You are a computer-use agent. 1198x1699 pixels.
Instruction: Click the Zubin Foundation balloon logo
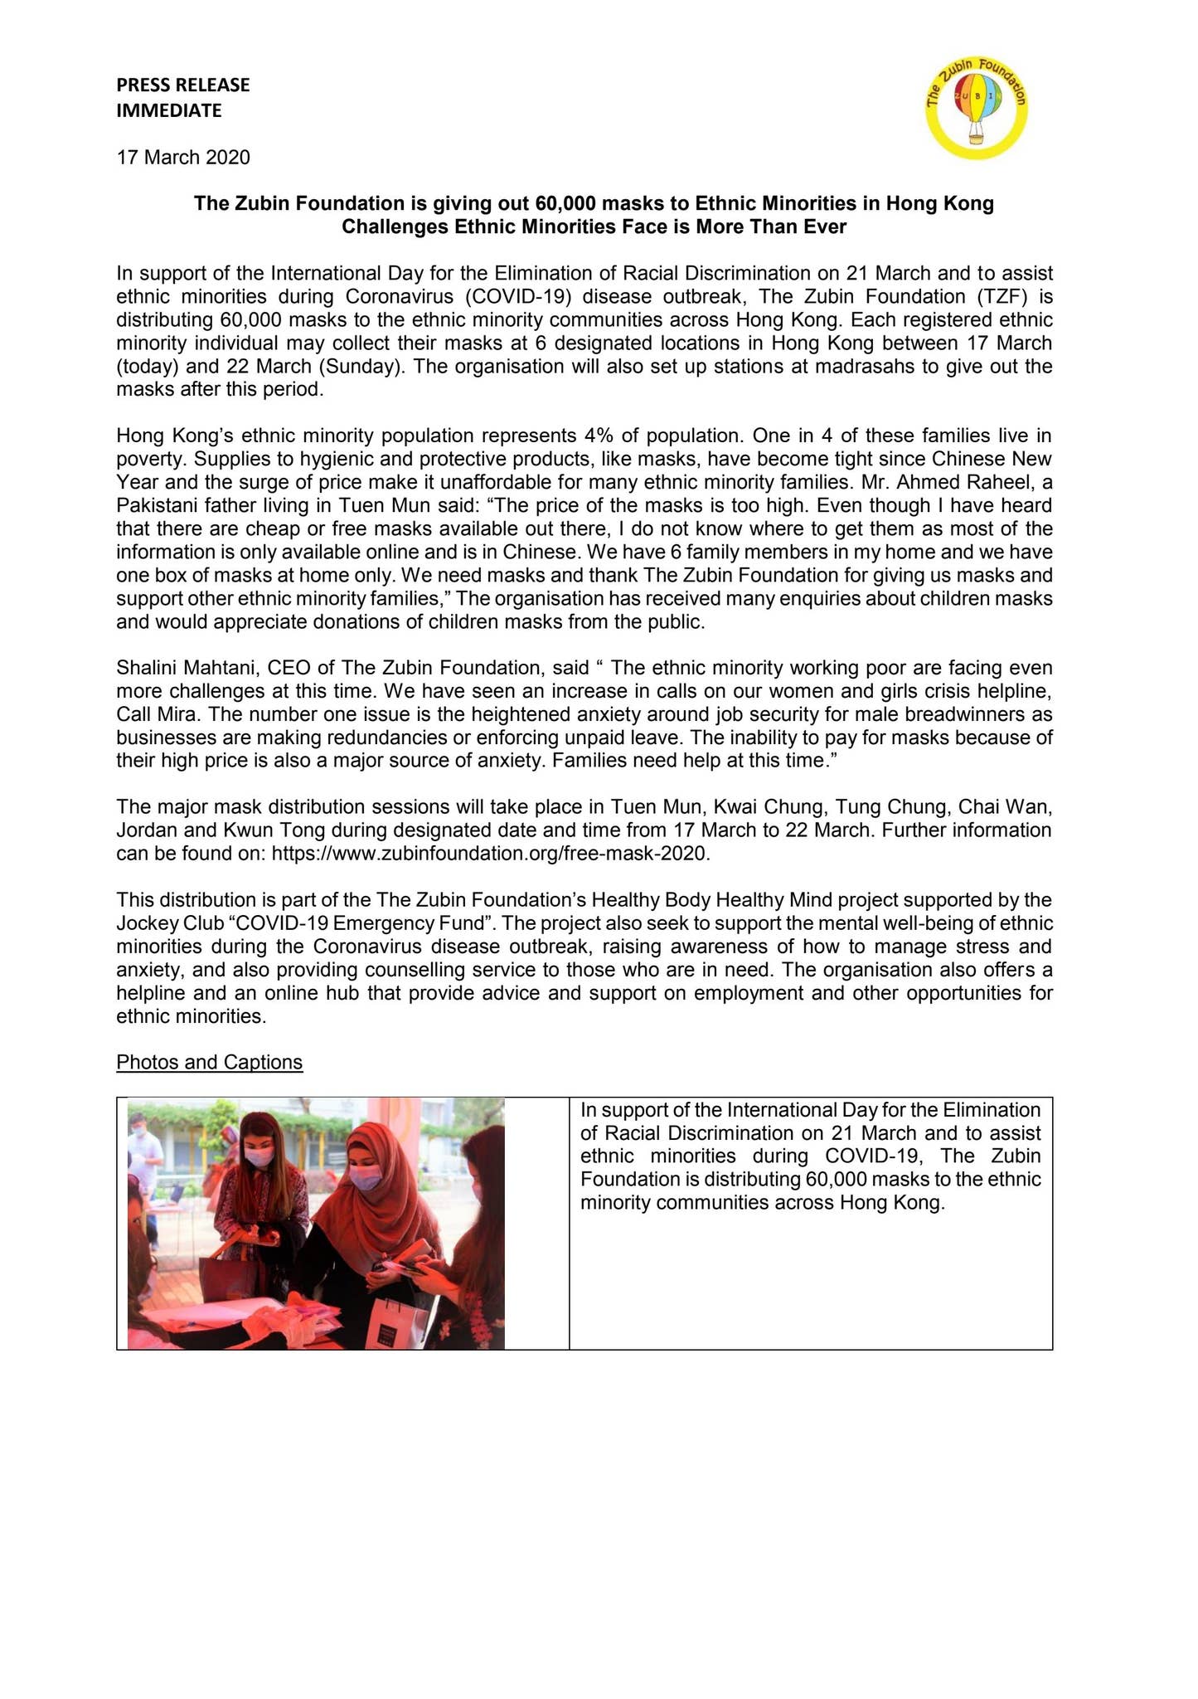click(976, 109)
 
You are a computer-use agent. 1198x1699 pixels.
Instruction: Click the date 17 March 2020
click(183, 157)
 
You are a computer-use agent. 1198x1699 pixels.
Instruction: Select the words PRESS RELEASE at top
click(183, 85)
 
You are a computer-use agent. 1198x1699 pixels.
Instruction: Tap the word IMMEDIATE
click(169, 110)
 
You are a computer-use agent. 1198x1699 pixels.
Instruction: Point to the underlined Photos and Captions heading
click(210, 1062)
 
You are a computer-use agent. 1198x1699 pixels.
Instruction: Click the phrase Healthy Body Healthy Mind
click(714, 900)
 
